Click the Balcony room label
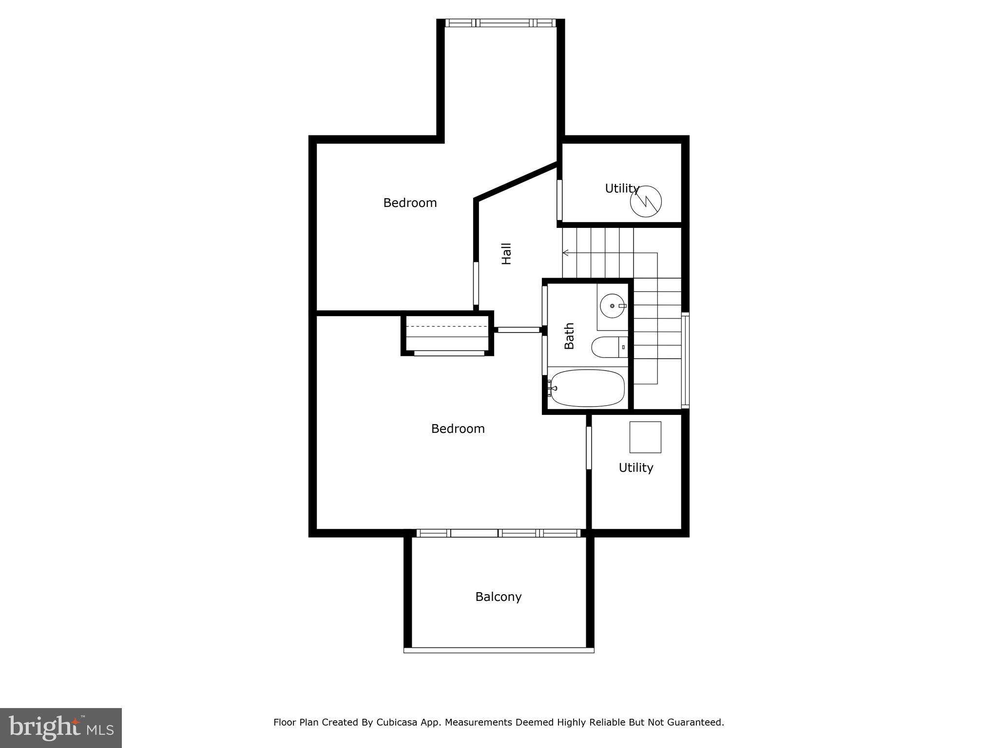[x=498, y=597]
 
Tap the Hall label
[x=507, y=254]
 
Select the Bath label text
[x=569, y=336]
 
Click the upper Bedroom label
[x=410, y=203]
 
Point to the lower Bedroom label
[x=458, y=429]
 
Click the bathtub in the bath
[x=587, y=388]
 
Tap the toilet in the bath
[x=606, y=347]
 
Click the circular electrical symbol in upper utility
[x=646, y=201]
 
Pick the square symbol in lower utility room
[x=645, y=437]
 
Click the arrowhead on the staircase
[x=566, y=253]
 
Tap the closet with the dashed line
[x=446, y=334]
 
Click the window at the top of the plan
[x=500, y=23]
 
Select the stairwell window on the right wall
[x=685, y=360]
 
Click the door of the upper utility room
[x=559, y=200]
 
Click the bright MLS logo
[x=60, y=728]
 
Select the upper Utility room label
[x=622, y=188]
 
